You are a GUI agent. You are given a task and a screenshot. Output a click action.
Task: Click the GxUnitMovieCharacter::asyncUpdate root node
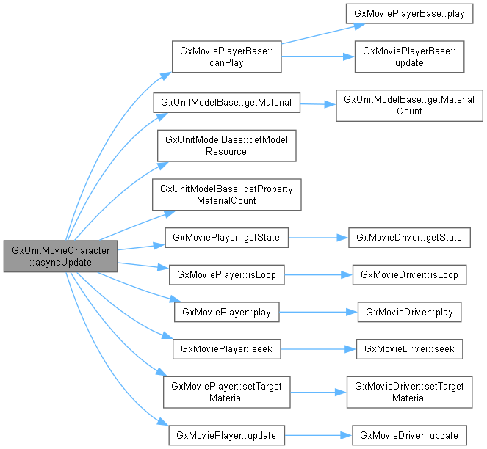pos(60,256)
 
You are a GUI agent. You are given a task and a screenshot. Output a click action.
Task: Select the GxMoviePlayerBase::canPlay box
pos(227,56)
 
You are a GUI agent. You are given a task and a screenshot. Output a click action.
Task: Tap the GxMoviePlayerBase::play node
pos(410,14)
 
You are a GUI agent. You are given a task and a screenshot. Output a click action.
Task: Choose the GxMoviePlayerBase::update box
pos(410,56)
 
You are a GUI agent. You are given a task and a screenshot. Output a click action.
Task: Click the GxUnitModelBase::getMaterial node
pos(227,102)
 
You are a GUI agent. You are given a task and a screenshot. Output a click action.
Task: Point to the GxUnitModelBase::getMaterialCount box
pos(409,105)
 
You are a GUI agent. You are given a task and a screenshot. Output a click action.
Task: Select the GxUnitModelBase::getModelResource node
pos(227,145)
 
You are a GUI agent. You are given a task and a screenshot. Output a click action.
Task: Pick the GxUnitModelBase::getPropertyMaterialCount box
pos(227,194)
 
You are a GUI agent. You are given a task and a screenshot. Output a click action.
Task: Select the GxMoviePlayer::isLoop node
pos(227,275)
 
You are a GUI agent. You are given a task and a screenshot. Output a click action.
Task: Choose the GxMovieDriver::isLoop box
pos(409,275)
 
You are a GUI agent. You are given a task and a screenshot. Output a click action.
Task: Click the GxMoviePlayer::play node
pos(227,313)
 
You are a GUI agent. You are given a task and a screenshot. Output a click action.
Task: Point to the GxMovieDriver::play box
pos(409,313)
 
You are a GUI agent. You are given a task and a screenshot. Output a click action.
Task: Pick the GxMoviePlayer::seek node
pos(227,349)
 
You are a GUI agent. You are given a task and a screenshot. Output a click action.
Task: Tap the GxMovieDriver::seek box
pos(409,349)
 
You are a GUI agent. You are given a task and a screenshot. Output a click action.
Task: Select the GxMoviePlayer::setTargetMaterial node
pos(227,392)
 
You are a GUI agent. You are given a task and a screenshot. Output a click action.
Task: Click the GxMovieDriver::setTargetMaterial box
pos(409,392)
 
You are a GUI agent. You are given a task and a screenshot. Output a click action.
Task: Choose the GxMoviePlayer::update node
pos(227,435)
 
